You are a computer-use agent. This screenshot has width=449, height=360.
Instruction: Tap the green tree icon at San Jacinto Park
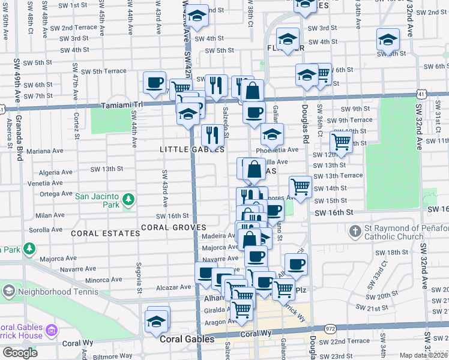[x=127, y=199]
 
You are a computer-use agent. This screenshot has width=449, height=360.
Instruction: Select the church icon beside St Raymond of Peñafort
[x=355, y=230]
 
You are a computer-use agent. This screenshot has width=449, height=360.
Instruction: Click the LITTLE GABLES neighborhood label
[x=184, y=149]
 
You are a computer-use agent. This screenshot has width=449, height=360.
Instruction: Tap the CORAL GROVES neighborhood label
[x=173, y=227]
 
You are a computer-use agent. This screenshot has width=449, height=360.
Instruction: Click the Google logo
[x=20, y=352]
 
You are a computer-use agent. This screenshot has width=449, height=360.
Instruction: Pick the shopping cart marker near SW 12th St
[x=341, y=142]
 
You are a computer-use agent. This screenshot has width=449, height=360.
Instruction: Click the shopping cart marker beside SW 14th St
[x=300, y=185]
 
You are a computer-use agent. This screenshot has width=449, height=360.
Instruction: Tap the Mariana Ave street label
[x=58, y=151]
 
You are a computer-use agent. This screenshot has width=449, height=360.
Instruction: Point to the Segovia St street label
[x=139, y=276]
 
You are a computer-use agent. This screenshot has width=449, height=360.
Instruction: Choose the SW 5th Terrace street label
[x=104, y=71]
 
